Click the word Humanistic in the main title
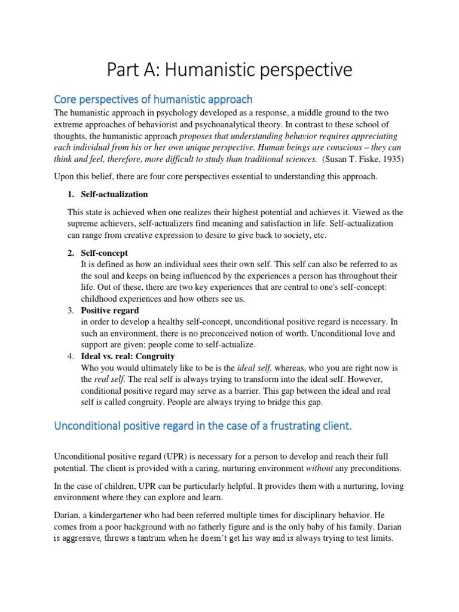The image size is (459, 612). point(202,71)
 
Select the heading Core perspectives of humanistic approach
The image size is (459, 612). point(153,99)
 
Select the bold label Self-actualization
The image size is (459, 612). point(114,194)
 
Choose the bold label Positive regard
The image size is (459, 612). point(110,310)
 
